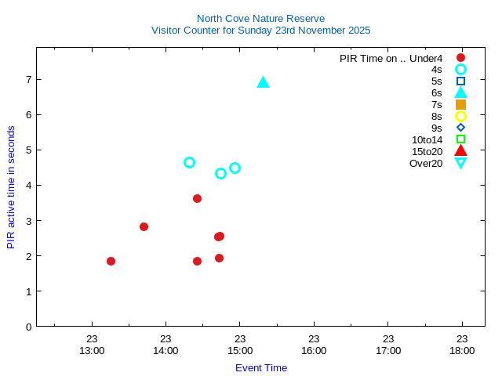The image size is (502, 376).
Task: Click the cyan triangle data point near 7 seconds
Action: (x=263, y=82)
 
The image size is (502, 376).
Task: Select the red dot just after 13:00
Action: (x=111, y=261)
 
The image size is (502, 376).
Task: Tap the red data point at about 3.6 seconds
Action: (x=197, y=198)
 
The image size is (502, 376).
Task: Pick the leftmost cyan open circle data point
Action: (x=189, y=162)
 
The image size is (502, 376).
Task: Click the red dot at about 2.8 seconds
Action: (x=144, y=226)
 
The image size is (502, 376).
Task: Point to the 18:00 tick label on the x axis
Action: (x=462, y=350)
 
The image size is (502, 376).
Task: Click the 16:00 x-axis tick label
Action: (x=314, y=350)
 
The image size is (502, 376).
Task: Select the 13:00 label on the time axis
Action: (x=92, y=350)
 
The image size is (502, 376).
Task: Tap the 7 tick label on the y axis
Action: (x=27, y=79)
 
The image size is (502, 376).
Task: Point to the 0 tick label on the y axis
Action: (x=27, y=327)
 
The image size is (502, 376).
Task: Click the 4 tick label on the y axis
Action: (x=27, y=186)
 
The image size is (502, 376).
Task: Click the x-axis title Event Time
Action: (x=261, y=367)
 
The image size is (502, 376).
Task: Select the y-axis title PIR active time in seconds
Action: (x=11, y=187)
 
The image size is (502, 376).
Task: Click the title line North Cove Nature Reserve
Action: (x=260, y=18)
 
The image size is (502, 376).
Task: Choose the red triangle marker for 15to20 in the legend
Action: (x=460, y=151)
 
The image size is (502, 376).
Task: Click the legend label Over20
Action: (x=426, y=163)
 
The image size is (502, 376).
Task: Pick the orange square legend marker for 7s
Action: (x=460, y=104)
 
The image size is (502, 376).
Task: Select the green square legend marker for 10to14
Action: (x=460, y=139)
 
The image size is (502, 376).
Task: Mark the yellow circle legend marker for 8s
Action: (x=460, y=116)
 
